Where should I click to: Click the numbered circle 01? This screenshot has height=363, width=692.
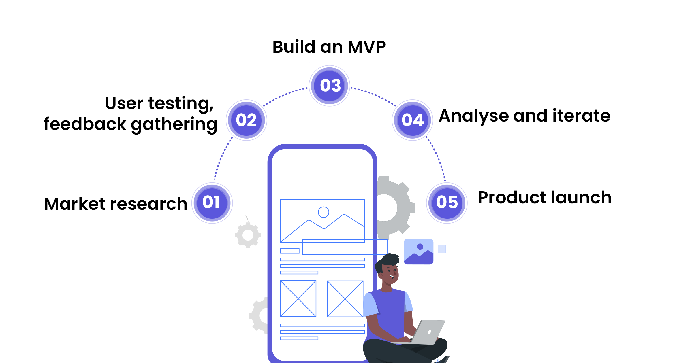pyautogui.click(x=212, y=203)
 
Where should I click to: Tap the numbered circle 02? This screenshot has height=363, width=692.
pyautogui.click(x=247, y=120)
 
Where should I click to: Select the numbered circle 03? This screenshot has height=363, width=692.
pyautogui.click(x=330, y=86)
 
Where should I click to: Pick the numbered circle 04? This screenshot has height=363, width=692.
pyautogui.click(x=413, y=120)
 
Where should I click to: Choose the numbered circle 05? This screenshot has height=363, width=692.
pyautogui.click(x=447, y=203)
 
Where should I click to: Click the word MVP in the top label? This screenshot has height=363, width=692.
pyautogui.click(x=366, y=47)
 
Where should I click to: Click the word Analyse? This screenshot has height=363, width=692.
pyautogui.click(x=474, y=116)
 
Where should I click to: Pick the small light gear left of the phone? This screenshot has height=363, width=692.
pyautogui.click(x=248, y=235)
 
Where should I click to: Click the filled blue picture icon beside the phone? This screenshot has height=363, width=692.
pyautogui.click(x=419, y=252)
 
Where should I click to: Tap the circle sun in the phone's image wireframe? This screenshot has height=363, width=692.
pyautogui.click(x=324, y=212)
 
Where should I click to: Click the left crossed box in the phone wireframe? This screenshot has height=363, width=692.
pyautogui.click(x=298, y=298)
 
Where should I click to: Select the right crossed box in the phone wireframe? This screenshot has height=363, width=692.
pyautogui.click(x=345, y=299)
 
